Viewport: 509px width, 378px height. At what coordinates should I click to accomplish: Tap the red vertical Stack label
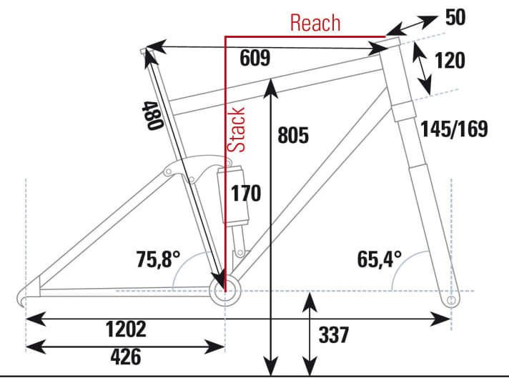click(x=238, y=130)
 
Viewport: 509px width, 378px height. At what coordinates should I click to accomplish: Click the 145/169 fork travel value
click(x=454, y=129)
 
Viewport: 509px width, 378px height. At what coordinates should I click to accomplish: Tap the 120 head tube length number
click(x=449, y=61)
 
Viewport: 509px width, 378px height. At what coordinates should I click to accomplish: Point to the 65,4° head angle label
click(x=379, y=257)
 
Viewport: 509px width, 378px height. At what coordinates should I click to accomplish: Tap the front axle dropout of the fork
click(x=450, y=301)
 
